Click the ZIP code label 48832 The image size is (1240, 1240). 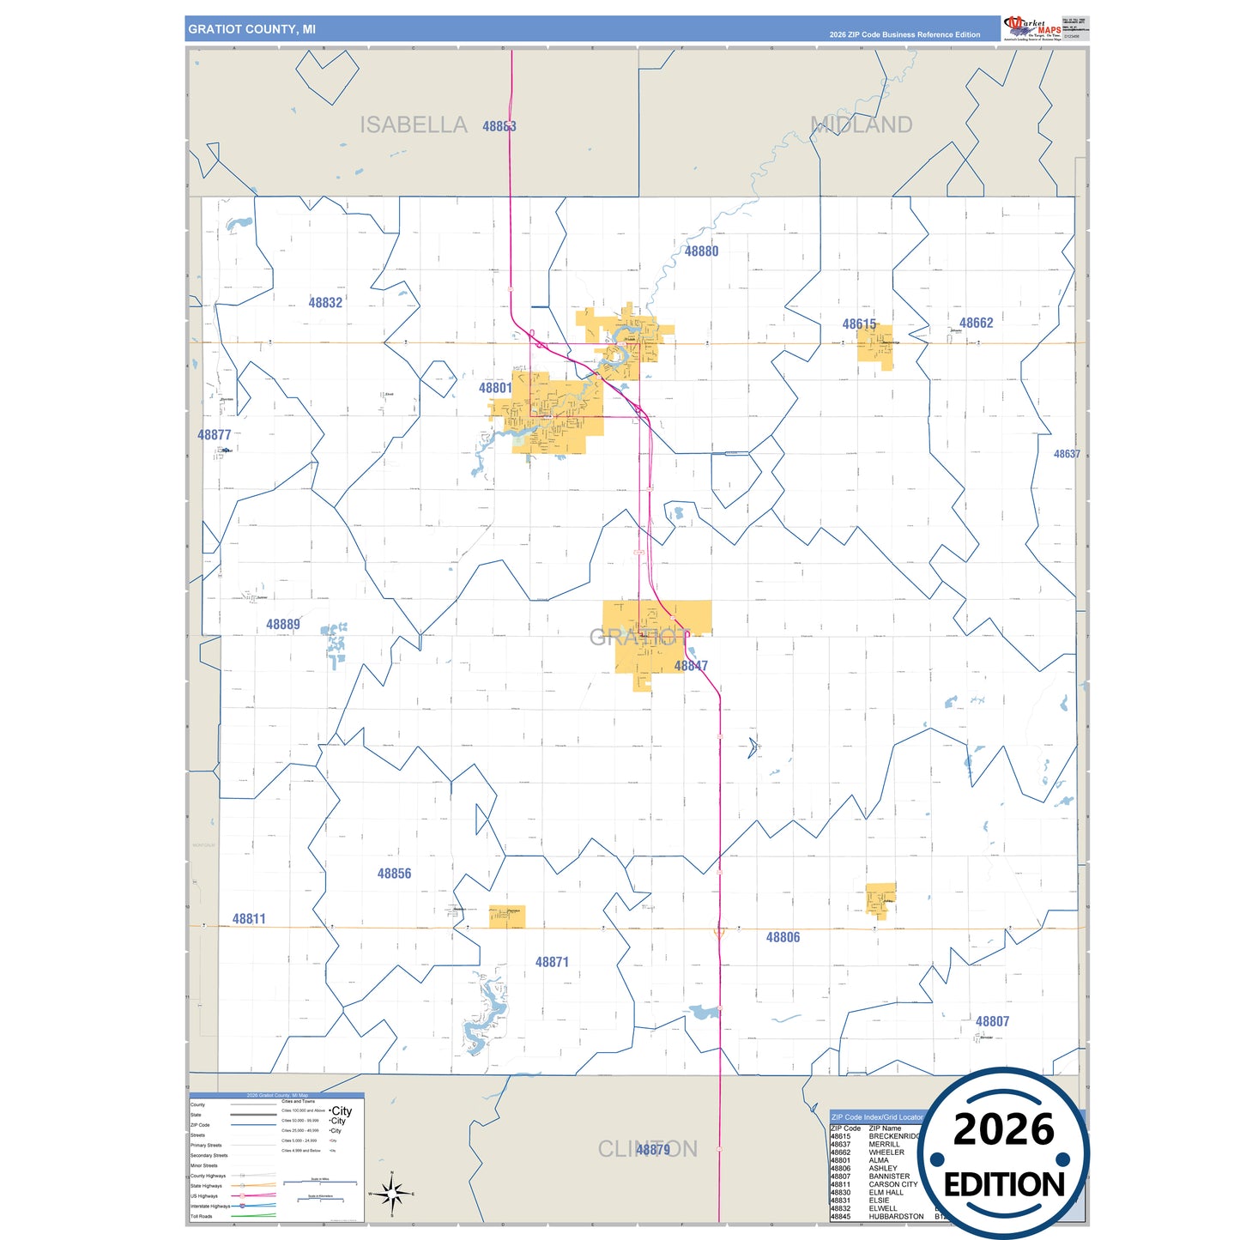325,303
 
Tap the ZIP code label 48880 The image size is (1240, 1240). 701,251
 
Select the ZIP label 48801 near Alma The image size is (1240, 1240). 495,388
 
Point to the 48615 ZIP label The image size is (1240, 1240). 859,324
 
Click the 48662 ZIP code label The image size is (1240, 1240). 976,324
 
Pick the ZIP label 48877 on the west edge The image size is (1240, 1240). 215,435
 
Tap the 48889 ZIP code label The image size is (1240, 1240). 283,625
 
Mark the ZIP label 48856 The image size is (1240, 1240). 394,874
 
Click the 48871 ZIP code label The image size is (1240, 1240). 552,963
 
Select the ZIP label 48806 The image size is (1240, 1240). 783,938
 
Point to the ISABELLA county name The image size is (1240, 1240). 413,125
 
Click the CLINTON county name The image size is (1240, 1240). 647,1149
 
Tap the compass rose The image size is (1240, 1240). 391,1194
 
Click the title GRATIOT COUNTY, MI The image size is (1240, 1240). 251,29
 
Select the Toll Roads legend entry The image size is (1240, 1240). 202,1216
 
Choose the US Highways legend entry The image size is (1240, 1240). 204,1195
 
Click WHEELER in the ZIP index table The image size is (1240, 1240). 886,1152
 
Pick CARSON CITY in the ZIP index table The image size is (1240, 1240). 892,1184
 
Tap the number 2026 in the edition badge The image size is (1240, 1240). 1003,1129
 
